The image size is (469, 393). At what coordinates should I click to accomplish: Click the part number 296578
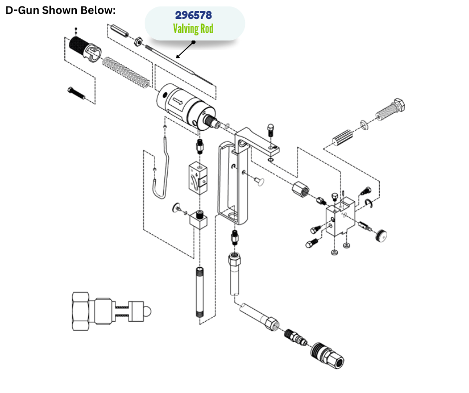pos(194,16)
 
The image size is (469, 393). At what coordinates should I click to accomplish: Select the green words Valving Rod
pos(193,29)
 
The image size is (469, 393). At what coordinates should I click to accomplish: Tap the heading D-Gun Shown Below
pos(60,10)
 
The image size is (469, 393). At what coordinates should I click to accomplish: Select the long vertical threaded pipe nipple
pos(200,292)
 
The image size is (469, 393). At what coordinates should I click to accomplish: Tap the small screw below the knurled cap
pos(76,93)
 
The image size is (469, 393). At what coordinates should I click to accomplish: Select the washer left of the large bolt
pos(365,123)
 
